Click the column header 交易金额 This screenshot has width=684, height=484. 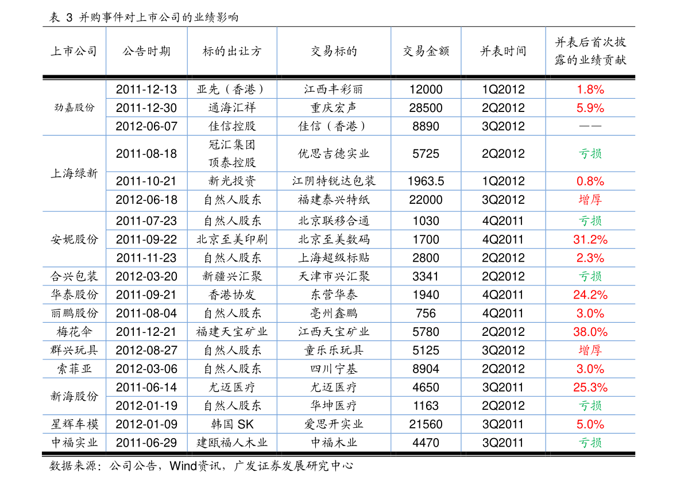click(x=426, y=52)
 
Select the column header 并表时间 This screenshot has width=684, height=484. click(x=503, y=52)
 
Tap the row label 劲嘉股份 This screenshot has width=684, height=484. click(x=74, y=108)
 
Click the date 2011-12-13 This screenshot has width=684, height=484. click(x=146, y=90)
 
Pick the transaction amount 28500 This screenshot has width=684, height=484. click(x=426, y=108)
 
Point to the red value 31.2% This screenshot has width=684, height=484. click(x=590, y=239)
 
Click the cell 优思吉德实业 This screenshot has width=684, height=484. click(x=334, y=153)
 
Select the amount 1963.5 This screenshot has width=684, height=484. click(x=426, y=181)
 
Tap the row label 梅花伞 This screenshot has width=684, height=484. click(x=74, y=332)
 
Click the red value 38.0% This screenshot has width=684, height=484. click(x=590, y=332)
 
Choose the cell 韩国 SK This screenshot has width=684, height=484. click(x=232, y=424)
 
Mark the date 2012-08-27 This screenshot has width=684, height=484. click(x=146, y=350)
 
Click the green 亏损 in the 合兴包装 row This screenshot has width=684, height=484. click(x=590, y=276)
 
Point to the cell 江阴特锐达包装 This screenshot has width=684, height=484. click(x=334, y=181)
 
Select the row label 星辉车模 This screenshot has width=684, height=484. click(x=74, y=424)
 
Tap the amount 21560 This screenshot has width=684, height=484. click(x=426, y=424)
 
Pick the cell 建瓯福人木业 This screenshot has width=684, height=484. click(x=232, y=443)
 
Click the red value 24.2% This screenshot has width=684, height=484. click(x=590, y=295)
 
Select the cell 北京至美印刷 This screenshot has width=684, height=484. click(x=232, y=239)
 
